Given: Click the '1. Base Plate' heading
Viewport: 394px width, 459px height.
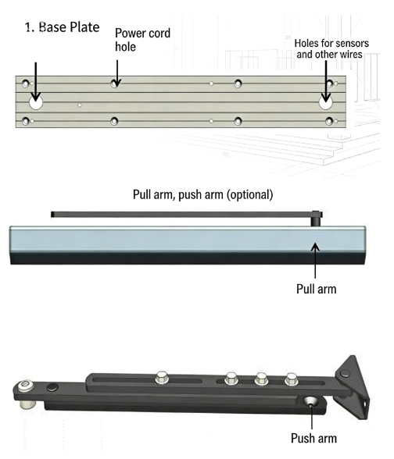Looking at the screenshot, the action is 63,27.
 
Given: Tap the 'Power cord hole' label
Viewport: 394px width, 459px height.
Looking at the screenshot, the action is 142,40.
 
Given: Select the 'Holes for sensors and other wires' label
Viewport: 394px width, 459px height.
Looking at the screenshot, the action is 331,48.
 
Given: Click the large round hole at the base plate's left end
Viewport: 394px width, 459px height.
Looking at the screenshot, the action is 36,103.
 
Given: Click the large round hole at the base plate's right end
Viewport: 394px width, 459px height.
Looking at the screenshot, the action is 325,103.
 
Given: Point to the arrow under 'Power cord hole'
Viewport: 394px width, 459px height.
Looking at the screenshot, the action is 117,73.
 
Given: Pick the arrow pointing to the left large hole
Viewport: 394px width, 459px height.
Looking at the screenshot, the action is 36,81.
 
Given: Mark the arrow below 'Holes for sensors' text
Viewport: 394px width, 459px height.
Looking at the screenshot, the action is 326,81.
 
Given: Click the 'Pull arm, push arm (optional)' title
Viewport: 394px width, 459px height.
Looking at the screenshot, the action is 203,194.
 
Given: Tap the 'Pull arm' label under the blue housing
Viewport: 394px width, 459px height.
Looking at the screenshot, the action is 317,289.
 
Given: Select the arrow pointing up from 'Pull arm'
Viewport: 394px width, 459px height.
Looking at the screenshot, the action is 315,261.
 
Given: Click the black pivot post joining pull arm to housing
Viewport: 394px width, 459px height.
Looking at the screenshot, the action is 316,219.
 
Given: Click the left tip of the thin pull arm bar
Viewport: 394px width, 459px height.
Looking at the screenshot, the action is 52,214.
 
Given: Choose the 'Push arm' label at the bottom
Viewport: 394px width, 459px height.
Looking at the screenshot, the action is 313,438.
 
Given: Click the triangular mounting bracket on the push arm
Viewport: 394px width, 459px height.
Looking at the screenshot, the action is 353,386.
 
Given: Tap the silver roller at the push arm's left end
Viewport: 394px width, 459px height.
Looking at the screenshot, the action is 27,394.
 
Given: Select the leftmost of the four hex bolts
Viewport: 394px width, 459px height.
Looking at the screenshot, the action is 162,377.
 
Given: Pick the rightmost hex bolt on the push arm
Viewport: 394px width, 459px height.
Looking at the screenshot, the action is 291,379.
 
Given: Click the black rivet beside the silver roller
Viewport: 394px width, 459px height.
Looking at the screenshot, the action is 52,387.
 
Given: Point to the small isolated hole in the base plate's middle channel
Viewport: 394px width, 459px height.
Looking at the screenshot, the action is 79,105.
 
